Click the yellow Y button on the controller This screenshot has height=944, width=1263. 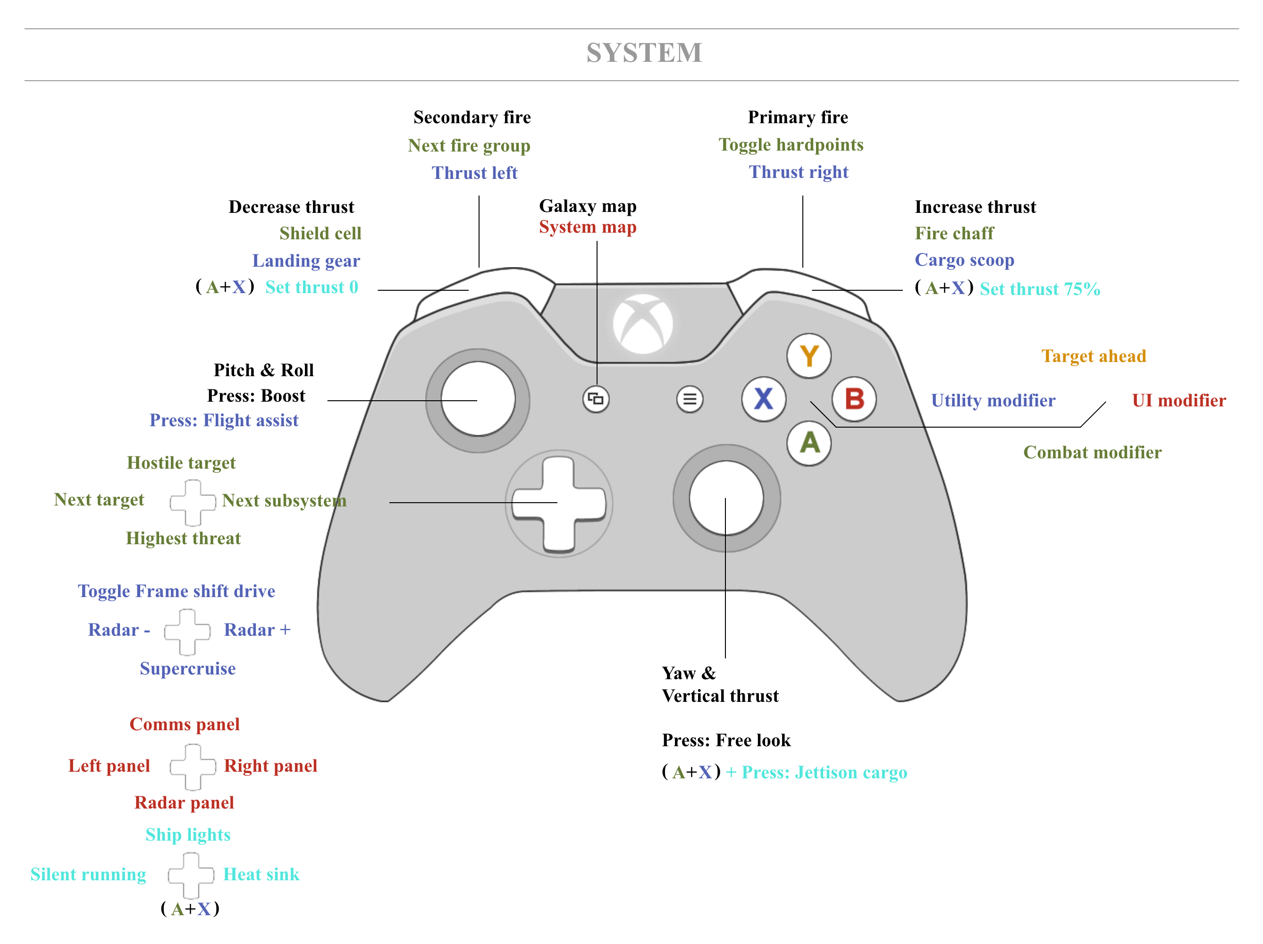[808, 356]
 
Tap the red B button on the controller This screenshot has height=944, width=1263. [854, 399]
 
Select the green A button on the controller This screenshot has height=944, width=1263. [809, 443]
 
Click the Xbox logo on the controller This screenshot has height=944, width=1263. [643, 324]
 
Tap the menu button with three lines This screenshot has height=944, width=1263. [690, 399]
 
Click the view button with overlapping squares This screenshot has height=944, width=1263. [596, 399]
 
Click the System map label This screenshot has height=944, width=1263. [588, 228]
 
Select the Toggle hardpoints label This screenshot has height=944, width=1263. [791, 145]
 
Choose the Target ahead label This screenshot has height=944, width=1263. [1094, 356]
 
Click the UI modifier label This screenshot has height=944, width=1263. [1179, 400]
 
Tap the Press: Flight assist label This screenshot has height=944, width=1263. [224, 421]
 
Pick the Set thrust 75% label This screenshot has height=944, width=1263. [1040, 289]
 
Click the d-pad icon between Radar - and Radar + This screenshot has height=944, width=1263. [187, 632]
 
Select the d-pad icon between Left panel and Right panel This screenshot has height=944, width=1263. [193, 767]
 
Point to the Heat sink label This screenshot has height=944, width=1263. [261, 874]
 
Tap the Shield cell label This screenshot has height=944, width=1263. [320, 234]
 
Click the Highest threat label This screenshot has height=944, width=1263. [183, 539]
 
